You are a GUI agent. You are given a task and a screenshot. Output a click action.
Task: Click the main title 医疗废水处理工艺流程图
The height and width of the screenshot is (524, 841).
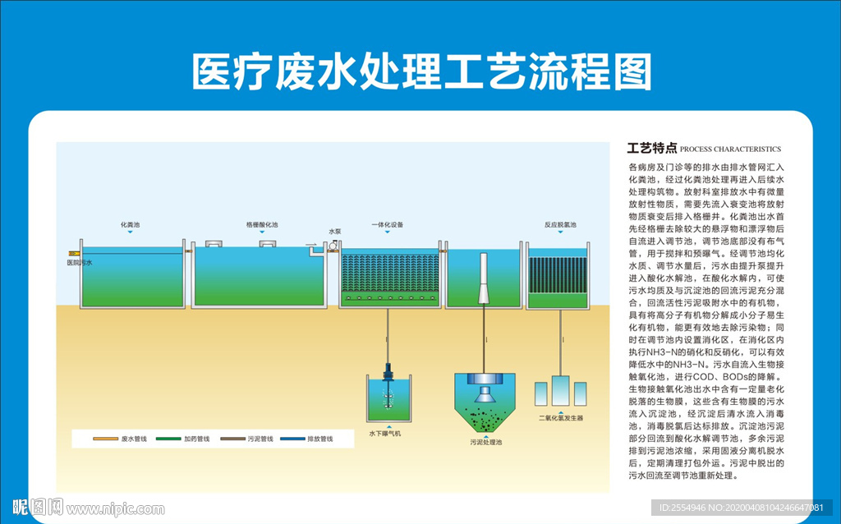click(420, 71)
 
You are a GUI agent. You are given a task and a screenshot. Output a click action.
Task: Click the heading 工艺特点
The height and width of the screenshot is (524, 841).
click(651, 149)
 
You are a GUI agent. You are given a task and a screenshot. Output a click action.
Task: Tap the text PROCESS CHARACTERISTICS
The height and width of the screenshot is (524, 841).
click(730, 149)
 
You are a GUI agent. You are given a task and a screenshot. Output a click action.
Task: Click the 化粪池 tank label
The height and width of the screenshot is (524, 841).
click(131, 224)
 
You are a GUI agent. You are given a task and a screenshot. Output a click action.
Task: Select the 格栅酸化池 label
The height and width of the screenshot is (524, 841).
click(262, 224)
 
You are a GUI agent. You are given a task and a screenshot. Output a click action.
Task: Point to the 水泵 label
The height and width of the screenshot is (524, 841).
click(334, 232)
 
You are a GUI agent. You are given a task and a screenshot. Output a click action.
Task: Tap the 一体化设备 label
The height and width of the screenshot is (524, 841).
click(387, 224)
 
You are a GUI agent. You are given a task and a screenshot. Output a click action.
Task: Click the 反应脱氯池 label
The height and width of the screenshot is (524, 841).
click(559, 224)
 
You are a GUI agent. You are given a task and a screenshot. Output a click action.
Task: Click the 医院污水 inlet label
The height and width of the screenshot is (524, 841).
click(80, 263)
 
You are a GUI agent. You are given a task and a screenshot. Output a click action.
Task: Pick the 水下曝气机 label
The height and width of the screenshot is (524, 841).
click(384, 433)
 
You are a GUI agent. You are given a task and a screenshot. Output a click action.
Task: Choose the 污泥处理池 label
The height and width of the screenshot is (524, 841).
click(485, 442)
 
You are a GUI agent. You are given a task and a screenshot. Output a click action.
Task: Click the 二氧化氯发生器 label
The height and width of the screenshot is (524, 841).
click(560, 418)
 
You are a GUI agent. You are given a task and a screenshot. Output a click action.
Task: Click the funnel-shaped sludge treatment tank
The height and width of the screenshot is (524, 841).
click(485, 402)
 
